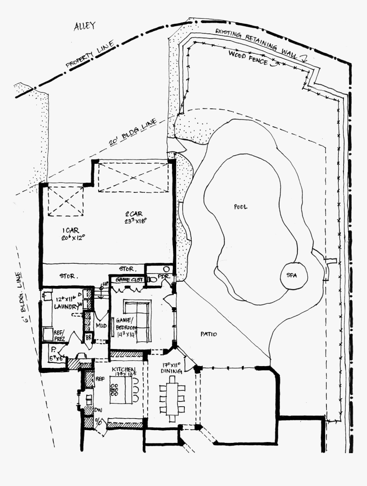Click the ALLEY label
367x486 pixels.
(84, 26)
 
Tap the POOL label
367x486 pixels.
(240, 207)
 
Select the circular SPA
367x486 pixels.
(294, 276)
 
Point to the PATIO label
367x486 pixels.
(209, 334)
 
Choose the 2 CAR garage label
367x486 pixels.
(135, 217)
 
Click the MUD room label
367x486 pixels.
(101, 325)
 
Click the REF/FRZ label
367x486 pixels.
(59, 335)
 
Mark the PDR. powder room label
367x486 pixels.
(164, 276)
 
